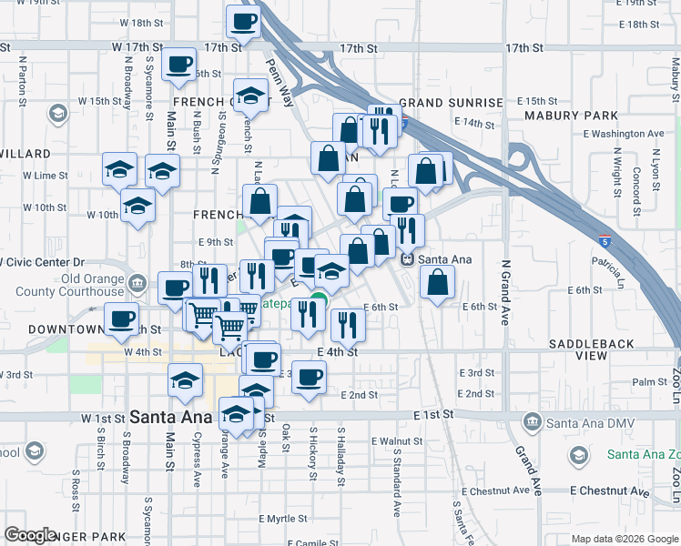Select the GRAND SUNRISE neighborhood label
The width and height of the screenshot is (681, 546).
[x=450, y=103]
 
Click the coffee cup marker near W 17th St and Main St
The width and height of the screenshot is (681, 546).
[x=179, y=64]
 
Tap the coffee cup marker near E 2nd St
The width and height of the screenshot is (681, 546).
[x=310, y=376]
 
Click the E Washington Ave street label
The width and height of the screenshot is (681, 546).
[x=624, y=133]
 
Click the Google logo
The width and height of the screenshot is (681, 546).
[x=32, y=535]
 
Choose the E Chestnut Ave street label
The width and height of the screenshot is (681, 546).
[x=609, y=491]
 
